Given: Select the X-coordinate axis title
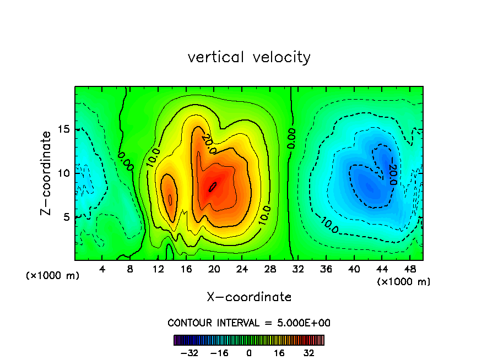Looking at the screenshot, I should (x=249, y=297).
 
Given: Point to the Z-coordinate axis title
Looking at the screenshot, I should (x=47, y=173).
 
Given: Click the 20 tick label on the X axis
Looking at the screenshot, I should (x=214, y=269).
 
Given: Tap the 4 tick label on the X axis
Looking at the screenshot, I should (x=102, y=269).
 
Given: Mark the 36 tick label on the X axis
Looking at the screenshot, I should (x=326, y=269).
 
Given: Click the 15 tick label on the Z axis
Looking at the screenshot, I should (x=64, y=129).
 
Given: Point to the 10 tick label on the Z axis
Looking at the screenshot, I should (x=64, y=173).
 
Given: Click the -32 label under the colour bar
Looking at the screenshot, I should (x=189, y=353).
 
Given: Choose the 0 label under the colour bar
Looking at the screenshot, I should (x=249, y=353).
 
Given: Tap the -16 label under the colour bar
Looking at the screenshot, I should (x=219, y=353).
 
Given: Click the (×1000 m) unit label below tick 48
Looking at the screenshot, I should (x=404, y=281).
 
